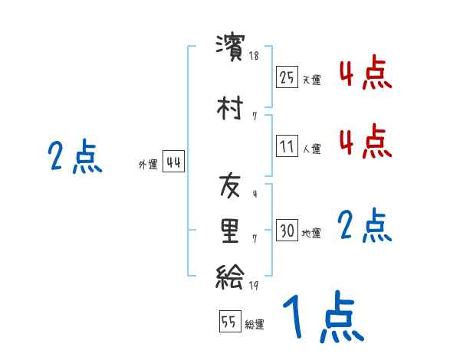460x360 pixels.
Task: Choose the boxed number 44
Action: pyautogui.click(x=173, y=162)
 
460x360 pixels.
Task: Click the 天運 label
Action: pyautogui.click(x=310, y=80)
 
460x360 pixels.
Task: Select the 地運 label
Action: pyautogui.click(x=310, y=233)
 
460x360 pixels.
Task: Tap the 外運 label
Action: pyautogui.click(x=147, y=164)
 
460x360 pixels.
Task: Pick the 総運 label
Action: pyautogui.click(x=255, y=324)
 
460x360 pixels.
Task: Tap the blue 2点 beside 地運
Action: pyautogui.click(x=365, y=226)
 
